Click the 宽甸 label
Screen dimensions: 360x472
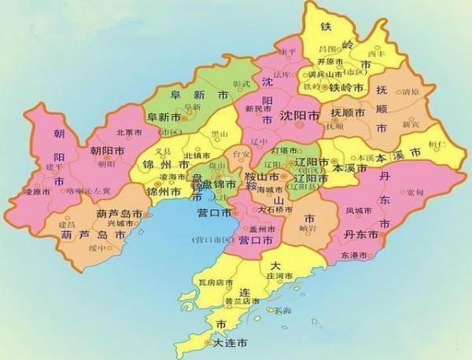click(428, 193)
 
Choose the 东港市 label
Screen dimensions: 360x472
click(368, 256)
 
